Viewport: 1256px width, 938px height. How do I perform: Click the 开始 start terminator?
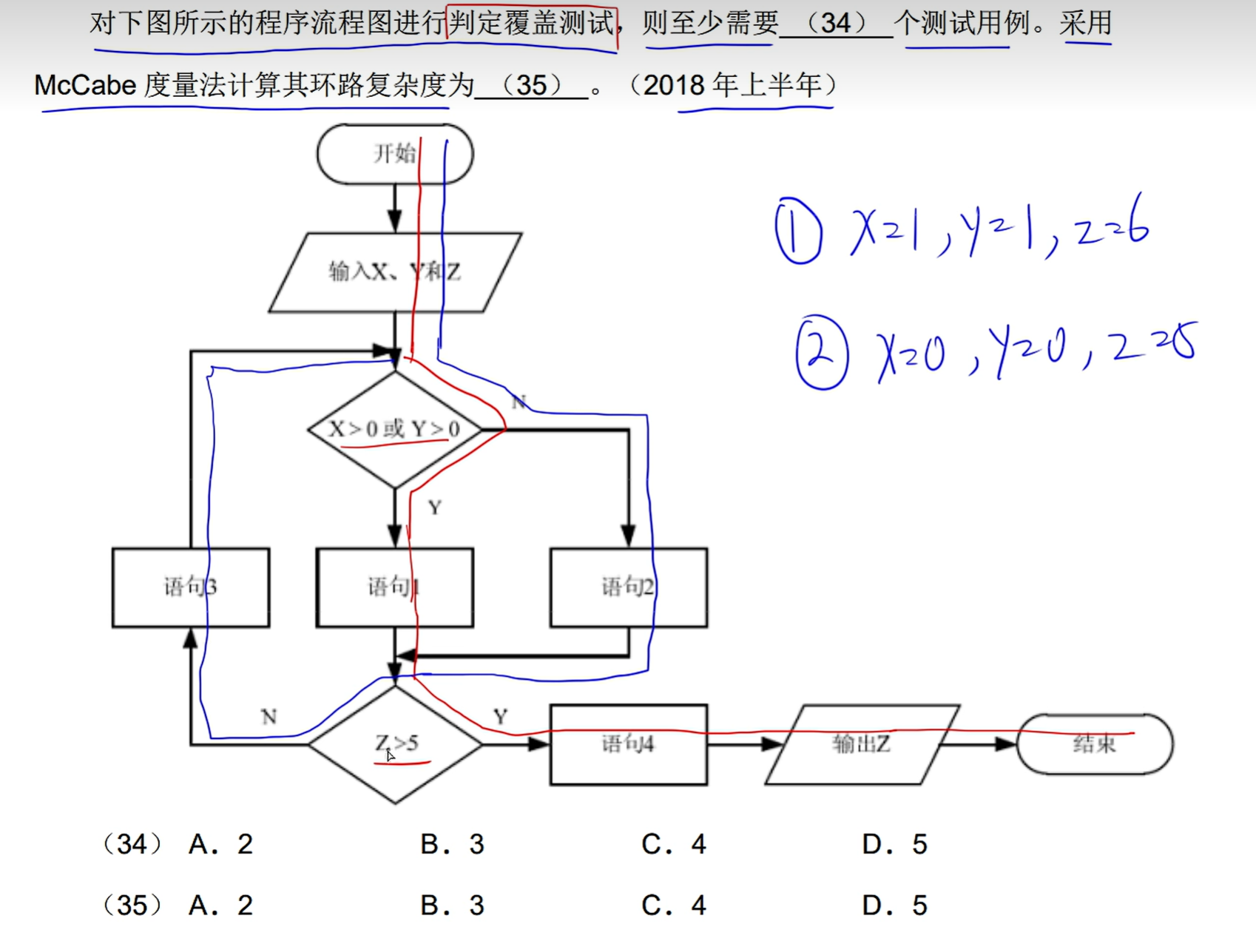tap(394, 154)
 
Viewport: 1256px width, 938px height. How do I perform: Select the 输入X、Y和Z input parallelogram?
tap(394, 272)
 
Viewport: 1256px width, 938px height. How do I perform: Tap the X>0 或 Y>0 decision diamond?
tap(394, 429)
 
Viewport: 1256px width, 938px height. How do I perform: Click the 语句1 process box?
tap(394, 587)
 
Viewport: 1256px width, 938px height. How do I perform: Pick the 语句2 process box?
tap(628, 587)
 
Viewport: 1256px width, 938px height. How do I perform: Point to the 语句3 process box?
tap(190, 587)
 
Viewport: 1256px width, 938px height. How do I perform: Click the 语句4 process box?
tap(628, 743)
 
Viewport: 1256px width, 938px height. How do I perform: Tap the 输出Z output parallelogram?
tap(862, 743)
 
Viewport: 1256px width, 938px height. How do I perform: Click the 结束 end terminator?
tap(1094, 743)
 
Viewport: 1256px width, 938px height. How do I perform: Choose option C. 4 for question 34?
tap(674, 844)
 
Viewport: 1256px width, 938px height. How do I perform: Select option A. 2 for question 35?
tap(220, 905)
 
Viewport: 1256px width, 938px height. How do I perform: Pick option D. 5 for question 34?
tap(894, 844)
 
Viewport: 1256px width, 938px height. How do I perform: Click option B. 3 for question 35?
tap(452, 905)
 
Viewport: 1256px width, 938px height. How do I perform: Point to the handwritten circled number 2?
tap(821, 353)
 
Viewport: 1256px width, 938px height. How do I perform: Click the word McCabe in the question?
tap(85, 86)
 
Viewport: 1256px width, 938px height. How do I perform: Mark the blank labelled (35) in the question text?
tap(531, 86)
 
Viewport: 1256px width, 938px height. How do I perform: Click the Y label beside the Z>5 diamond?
tap(501, 716)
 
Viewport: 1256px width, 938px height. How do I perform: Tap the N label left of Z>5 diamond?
tap(269, 716)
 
